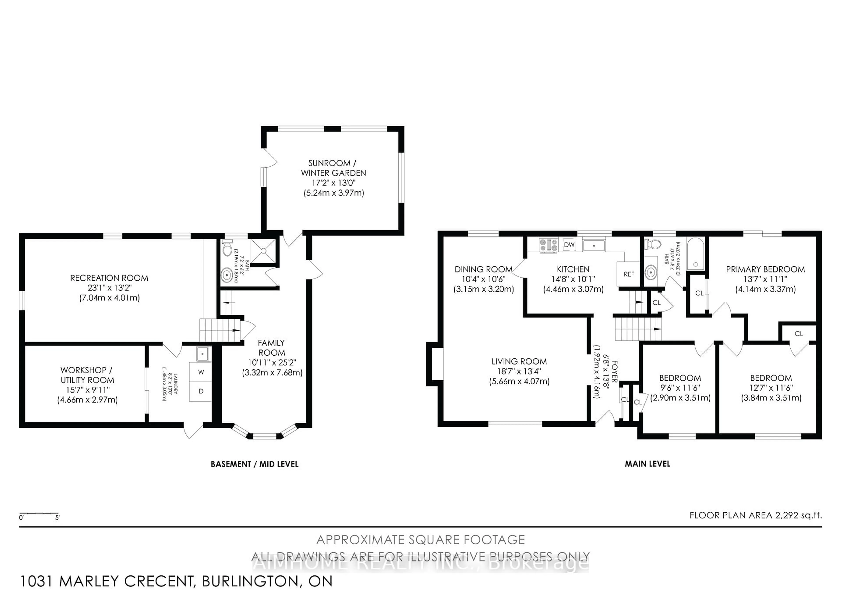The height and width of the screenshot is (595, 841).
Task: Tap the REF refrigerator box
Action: [629, 274]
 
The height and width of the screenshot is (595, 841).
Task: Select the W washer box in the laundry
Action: [201, 372]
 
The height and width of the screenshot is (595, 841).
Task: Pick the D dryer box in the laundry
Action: [201, 391]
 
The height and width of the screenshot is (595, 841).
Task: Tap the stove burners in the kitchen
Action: [549, 245]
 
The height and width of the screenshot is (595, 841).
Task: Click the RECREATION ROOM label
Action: [109, 278]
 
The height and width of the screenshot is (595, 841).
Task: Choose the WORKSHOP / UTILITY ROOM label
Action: [87, 375]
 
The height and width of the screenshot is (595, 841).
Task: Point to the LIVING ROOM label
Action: [519, 362]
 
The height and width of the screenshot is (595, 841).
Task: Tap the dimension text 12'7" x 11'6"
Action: [771, 388]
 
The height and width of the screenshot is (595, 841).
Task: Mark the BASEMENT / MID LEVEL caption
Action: [254, 464]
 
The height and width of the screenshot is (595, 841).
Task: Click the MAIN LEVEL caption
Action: [647, 464]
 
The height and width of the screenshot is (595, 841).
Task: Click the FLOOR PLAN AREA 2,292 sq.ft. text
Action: [755, 515]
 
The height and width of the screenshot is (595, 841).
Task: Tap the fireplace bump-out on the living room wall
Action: [435, 364]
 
